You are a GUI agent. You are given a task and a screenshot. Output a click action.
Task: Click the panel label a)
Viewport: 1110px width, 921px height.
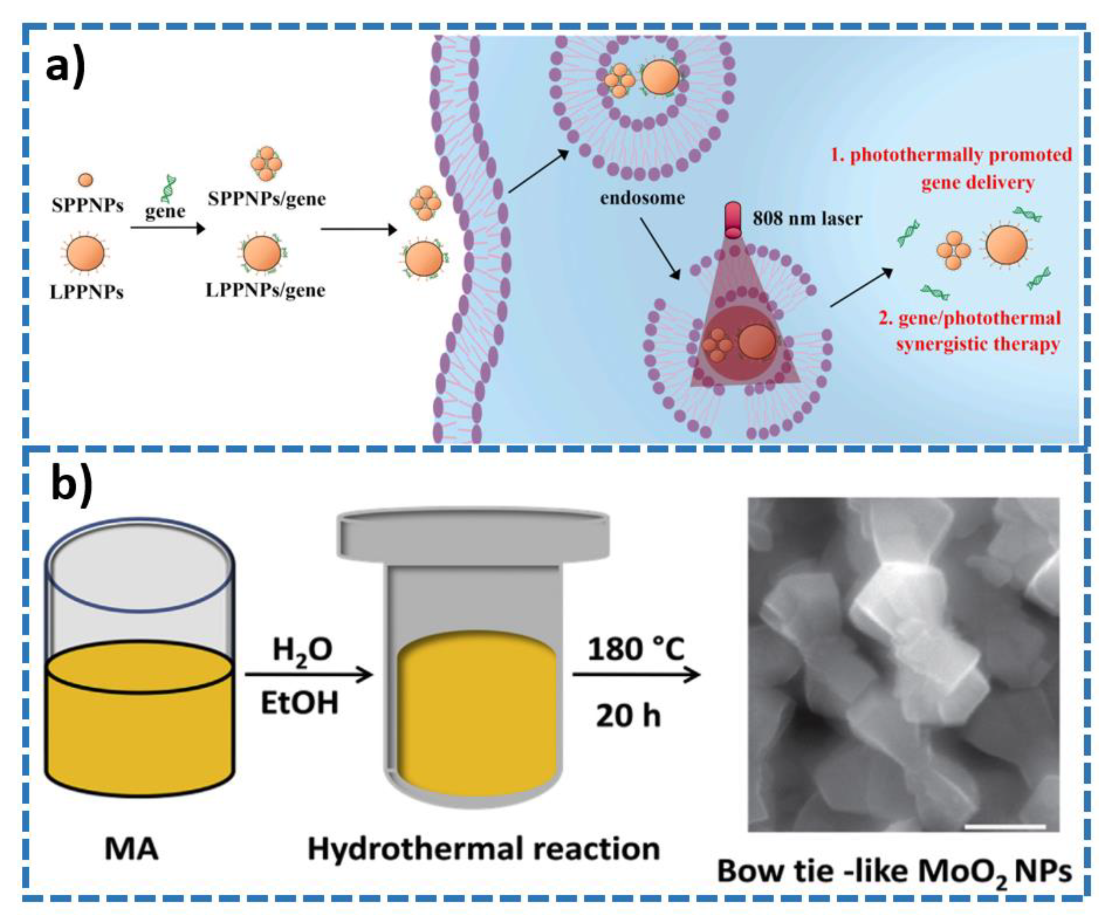point(65,67)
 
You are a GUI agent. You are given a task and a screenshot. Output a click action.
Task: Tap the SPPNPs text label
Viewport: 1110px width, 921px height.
point(87,205)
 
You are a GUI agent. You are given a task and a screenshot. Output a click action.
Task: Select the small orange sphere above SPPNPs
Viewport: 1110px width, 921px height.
point(85,180)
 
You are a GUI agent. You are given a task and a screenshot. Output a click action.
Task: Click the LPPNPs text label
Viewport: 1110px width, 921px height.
point(86,292)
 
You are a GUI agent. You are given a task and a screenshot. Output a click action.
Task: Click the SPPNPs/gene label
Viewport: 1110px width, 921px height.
point(267,199)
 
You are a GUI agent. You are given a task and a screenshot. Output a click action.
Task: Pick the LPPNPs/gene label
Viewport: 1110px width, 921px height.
point(265,290)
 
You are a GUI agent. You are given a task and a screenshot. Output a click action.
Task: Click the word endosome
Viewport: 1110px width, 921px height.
point(642,198)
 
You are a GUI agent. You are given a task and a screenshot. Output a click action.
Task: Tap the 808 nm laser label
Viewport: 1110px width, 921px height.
point(807,218)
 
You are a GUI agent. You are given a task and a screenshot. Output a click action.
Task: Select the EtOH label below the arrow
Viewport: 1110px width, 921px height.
point(299,704)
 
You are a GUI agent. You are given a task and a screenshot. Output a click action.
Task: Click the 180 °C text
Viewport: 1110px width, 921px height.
point(636,649)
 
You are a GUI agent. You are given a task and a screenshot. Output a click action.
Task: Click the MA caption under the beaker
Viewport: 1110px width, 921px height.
point(131,849)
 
